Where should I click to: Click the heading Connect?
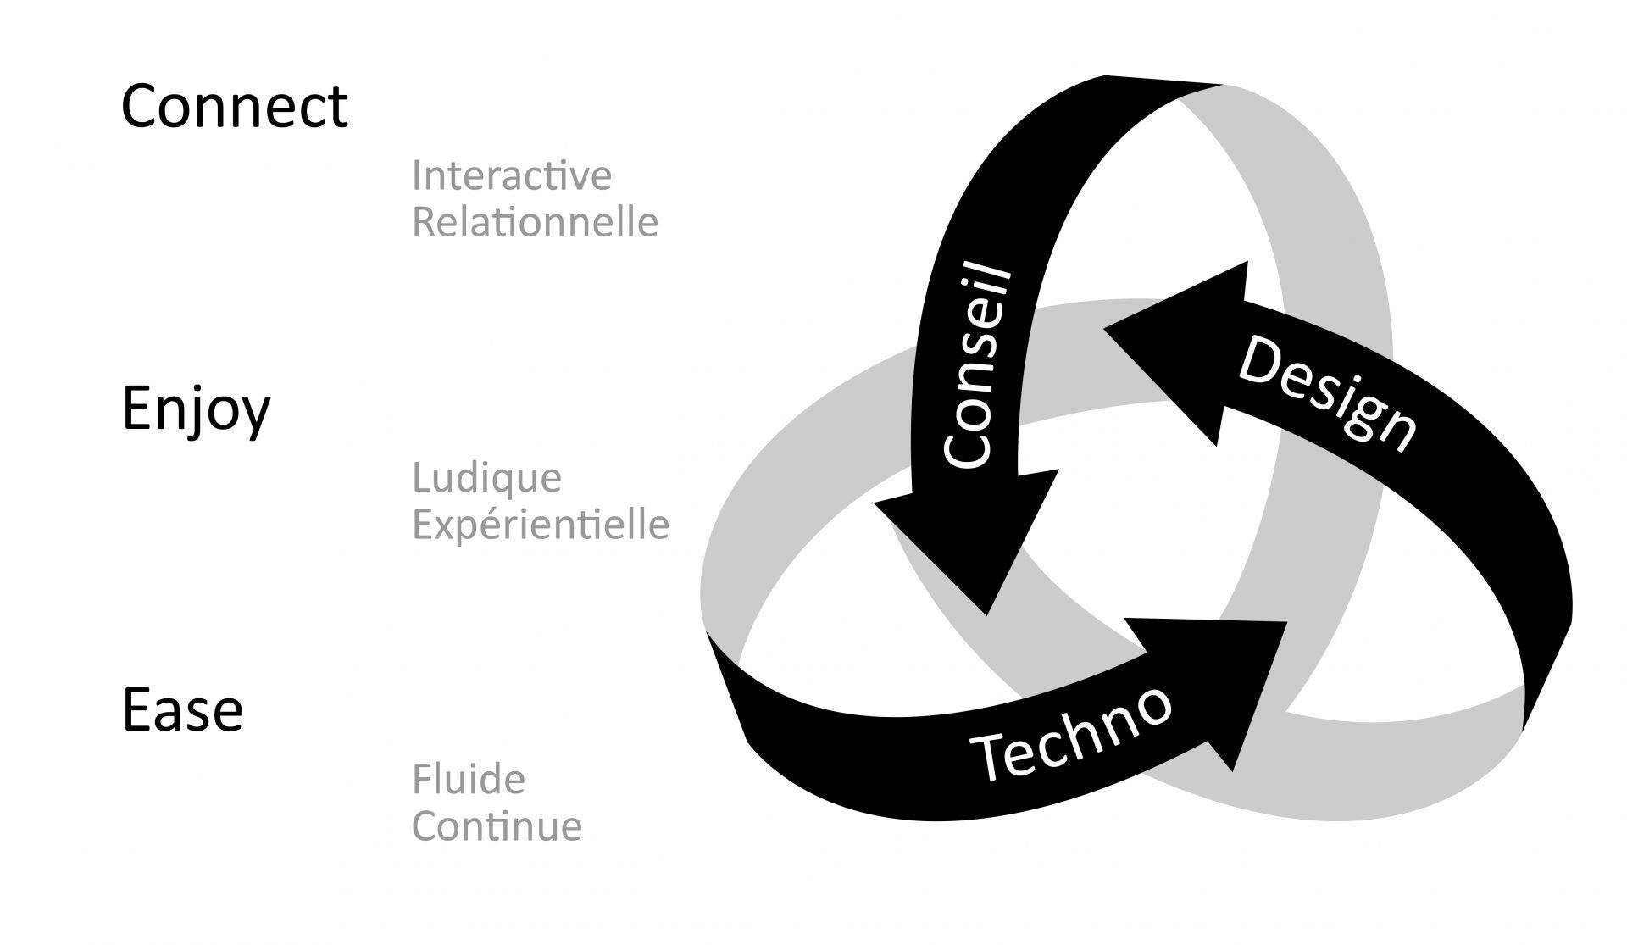click(235, 107)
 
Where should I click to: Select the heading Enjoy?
click(197, 409)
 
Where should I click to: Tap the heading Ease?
click(183, 710)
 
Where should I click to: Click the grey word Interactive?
click(512, 175)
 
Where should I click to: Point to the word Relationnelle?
click(535, 222)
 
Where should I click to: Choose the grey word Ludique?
click(487, 479)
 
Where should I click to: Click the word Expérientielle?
click(541, 525)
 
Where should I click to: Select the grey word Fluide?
click(469, 779)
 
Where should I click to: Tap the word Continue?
click(497, 826)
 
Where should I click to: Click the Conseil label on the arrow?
click(979, 366)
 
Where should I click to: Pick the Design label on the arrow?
click(1327, 395)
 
